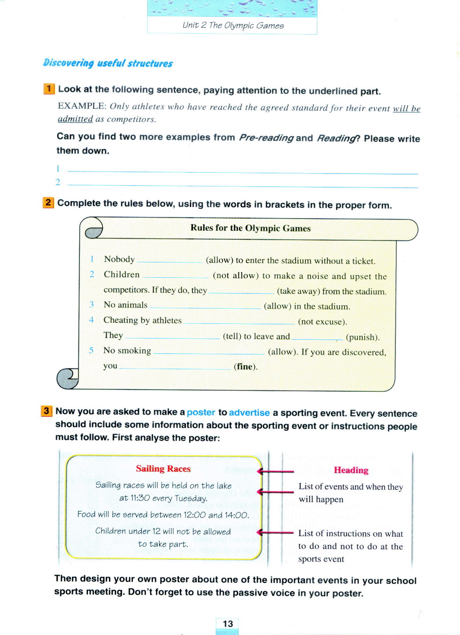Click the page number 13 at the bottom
tap(228, 624)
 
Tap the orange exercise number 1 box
tap(49, 88)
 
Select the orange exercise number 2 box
tap(48, 202)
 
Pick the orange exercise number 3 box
tap(46, 411)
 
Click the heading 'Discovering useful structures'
tap(108, 63)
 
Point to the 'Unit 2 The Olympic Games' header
tap(233, 26)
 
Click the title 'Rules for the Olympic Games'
tap(250, 228)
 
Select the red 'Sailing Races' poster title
tap(163, 469)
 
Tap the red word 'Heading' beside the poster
tap(351, 470)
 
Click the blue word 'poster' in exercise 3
tap(201, 412)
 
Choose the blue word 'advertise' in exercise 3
tap(249, 412)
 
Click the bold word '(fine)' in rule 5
tap(245, 367)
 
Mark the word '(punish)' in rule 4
tap(363, 337)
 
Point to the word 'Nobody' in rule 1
tap(119, 259)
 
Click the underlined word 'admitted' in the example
tap(75, 119)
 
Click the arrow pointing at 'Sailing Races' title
tap(275, 471)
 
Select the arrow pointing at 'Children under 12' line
tap(275, 533)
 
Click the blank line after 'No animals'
tap(205, 307)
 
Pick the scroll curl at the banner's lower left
tap(67, 378)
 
